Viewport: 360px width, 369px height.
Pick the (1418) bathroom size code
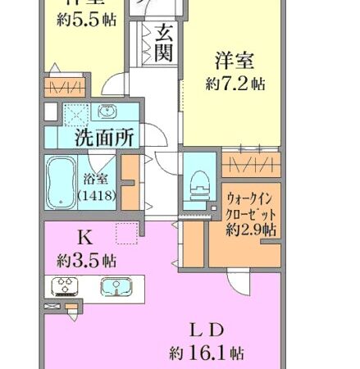[97, 196]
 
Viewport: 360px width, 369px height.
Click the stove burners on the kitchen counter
[65, 287]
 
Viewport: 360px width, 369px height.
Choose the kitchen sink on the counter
[116, 287]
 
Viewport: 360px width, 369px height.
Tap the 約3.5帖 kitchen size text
[85, 261]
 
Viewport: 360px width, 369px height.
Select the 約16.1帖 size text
[206, 353]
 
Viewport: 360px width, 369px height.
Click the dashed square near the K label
[126, 235]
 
